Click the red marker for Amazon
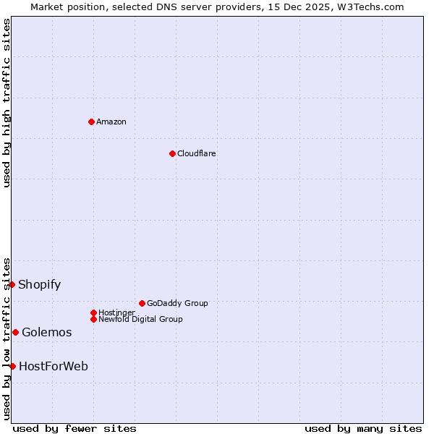(x=91, y=122)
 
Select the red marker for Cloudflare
(x=172, y=153)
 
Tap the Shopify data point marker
(x=12, y=284)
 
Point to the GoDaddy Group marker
(x=142, y=303)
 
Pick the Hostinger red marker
(x=93, y=312)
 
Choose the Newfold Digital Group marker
(x=93, y=319)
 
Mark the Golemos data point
(x=15, y=332)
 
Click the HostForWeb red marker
(x=12, y=366)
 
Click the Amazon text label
(x=111, y=122)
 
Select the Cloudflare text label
(x=197, y=153)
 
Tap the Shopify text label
(x=40, y=284)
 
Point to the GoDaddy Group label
(x=177, y=303)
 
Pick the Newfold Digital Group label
(x=140, y=319)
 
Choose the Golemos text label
(x=47, y=332)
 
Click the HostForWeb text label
(x=54, y=366)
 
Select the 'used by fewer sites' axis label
(x=75, y=428)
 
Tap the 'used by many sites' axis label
(x=363, y=428)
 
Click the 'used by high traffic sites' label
(x=7, y=103)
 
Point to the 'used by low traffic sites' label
(x=7, y=339)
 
